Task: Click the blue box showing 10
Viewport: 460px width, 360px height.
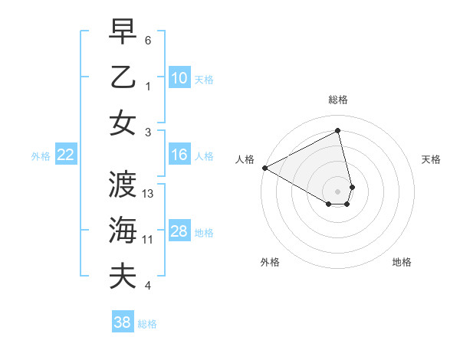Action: click(x=179, y=77)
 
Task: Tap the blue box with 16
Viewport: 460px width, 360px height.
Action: click(x=179, y=155)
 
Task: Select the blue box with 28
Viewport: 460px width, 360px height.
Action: click(x=179, y=231)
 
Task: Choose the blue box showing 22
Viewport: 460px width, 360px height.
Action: click(x=66, y=155)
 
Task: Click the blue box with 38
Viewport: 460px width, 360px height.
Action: click(x=123, y=322)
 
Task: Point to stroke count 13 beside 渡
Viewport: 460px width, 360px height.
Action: click(x=149, y=194)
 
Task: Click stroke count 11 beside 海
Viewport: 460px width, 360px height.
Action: click(x=148, y=240)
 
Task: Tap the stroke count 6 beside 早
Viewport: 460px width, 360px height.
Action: click(x=148, y=40)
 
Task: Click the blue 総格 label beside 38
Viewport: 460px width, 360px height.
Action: click(x=147, y=324)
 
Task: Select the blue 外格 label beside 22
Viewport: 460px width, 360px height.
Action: click(x=41, y=155)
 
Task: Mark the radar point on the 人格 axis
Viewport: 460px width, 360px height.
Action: click(x=264, y=167)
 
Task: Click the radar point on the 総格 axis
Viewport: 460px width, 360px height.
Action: click(x=338, y=131)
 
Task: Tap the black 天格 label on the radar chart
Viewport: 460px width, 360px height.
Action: click(x=431, y=159)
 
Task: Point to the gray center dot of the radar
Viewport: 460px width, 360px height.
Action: click(x=338, y=190)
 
